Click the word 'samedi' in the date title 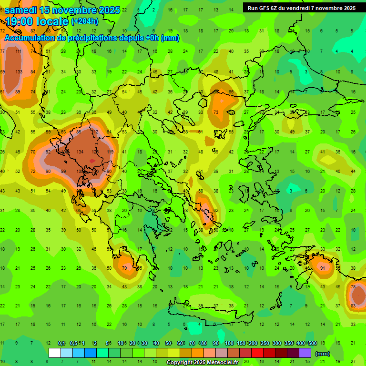21,10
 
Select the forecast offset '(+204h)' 85,21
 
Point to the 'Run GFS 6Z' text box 301,8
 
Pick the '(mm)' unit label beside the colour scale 323,353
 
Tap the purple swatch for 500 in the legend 305,353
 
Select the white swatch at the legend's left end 55,353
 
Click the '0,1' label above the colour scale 61,343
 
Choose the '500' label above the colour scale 312,343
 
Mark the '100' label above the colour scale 229,343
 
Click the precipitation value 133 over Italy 19,72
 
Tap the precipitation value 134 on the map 80,152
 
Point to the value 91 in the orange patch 323,268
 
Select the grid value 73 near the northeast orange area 216,112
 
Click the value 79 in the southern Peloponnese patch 124,268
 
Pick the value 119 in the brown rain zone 110,152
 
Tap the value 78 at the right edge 353,287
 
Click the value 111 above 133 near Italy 19,51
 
